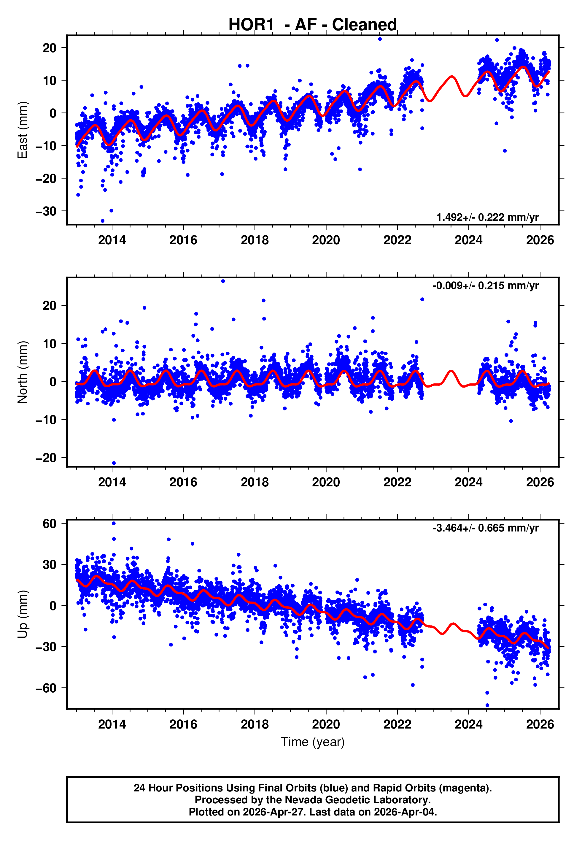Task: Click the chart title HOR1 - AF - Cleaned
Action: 313,25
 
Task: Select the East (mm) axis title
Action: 23,130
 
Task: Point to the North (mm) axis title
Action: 23,372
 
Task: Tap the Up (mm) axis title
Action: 23,615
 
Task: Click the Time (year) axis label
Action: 313,742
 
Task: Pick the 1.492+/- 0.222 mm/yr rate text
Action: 488,217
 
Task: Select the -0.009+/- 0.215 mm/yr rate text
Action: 485,285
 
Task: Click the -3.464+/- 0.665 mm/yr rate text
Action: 485,528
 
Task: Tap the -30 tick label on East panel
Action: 46,211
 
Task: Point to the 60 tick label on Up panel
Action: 50,524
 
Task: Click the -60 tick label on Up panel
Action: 46,688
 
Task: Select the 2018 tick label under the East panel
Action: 255,240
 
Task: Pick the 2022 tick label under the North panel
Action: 397,482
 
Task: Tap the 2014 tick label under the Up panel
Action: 112,724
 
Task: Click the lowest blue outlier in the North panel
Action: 114,463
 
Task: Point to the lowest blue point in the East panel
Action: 102,221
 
